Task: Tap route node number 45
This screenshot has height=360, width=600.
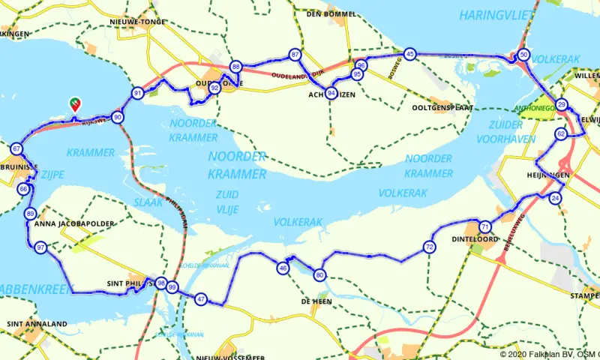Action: [x=409, y=54]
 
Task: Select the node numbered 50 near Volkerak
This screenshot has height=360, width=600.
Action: [x=523, y=54]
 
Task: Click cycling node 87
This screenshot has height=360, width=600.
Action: [x=295, y=55]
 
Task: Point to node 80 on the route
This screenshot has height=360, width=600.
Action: [x=320, y=275]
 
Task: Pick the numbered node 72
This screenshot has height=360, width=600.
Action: [x=429, y=247]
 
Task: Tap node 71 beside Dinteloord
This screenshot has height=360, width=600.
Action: [x=485, y=226]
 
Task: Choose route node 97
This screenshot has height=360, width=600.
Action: [x=40, y=247]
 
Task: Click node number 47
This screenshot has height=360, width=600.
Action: [x=200, y=299]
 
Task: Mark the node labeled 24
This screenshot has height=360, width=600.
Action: [x=555, y=198]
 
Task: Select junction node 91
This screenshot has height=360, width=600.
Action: [x=137, y=94]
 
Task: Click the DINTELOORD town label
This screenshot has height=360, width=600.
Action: [x=476, y=240]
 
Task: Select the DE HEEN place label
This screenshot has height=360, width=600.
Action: [x=316, y=301]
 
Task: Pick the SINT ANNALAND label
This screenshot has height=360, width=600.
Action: [x=36, y=324]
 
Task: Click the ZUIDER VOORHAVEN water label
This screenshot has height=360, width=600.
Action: [x=516, y=132]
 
